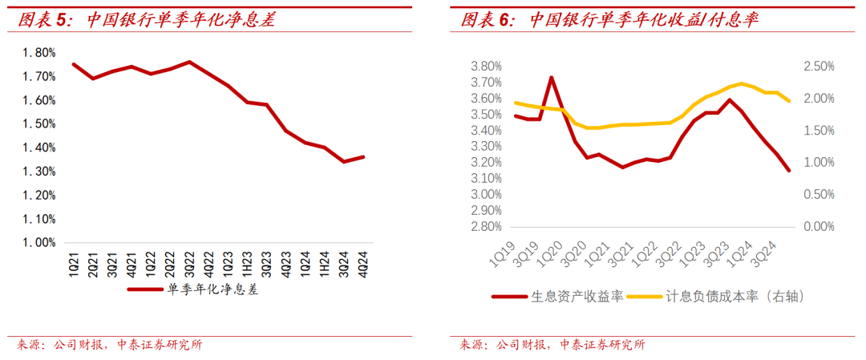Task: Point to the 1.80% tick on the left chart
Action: (39, 53)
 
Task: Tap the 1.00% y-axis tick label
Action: (39, 243)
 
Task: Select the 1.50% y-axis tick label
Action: (39, 124)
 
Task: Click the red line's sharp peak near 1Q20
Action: (551, 78)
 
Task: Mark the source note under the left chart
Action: (109, 346)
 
